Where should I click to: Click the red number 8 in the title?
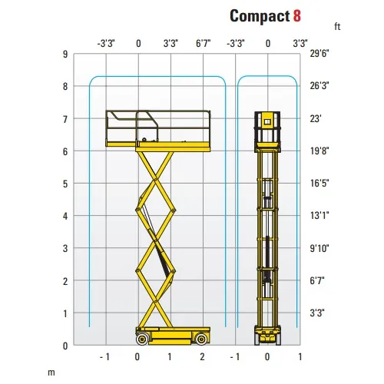tap(297, 16)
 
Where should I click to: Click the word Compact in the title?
tap(260, 17)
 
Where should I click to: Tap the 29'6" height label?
tap(319, 54)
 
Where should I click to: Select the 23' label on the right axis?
tap(316, 119)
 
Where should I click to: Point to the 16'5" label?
tap(319, 184)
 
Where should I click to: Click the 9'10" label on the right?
tap(319, 248)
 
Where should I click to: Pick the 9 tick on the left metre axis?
tap(65, 55)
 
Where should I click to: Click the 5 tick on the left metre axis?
tap(65, 184)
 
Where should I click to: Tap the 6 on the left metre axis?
tap(65, 152)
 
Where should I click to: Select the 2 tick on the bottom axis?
tap(202, 357)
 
